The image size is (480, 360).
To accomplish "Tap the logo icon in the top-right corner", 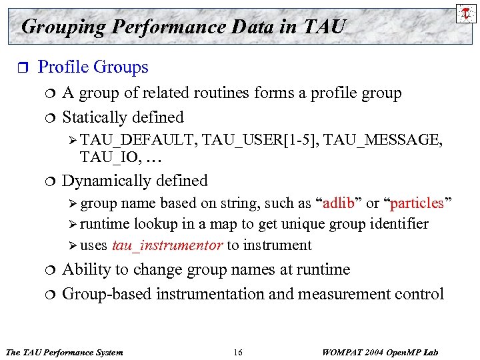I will point(464,11).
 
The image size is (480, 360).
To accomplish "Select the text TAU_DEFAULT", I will point(139,139).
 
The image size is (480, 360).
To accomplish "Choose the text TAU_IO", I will point(99,157).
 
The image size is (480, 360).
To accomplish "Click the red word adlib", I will point(341,203).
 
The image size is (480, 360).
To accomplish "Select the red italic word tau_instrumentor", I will point(167,245).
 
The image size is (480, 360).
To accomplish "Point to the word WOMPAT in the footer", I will point(338,351).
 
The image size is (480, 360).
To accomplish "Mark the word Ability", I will point(83,269).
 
